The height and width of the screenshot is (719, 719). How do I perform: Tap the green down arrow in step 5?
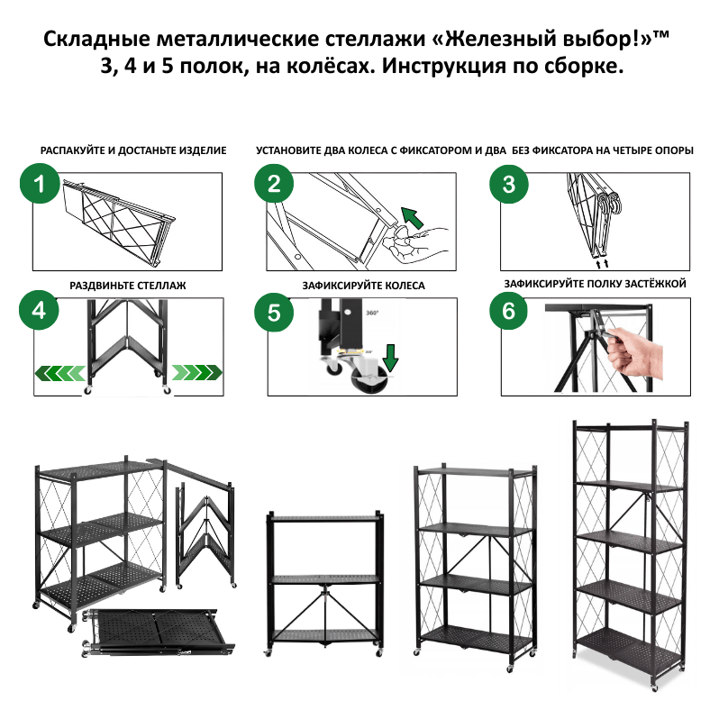click(x=389, y=358)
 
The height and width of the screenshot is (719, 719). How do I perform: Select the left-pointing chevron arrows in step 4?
click(x=59, y=371)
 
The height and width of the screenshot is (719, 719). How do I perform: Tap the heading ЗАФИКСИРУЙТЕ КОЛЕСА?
click(x=364, y=285)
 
